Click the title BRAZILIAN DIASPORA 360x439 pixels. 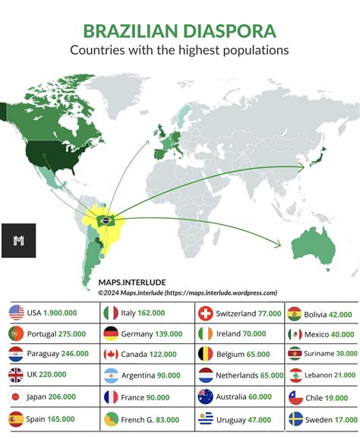point(180,31)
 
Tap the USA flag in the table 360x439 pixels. point(16,312)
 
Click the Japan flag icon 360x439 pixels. point(16,396)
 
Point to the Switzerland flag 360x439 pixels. point(205,312)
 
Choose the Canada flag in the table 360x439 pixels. point(111,354)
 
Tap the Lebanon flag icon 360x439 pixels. point(296,375)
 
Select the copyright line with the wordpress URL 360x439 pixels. point(187,292)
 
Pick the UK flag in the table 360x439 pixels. point(16,375)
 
